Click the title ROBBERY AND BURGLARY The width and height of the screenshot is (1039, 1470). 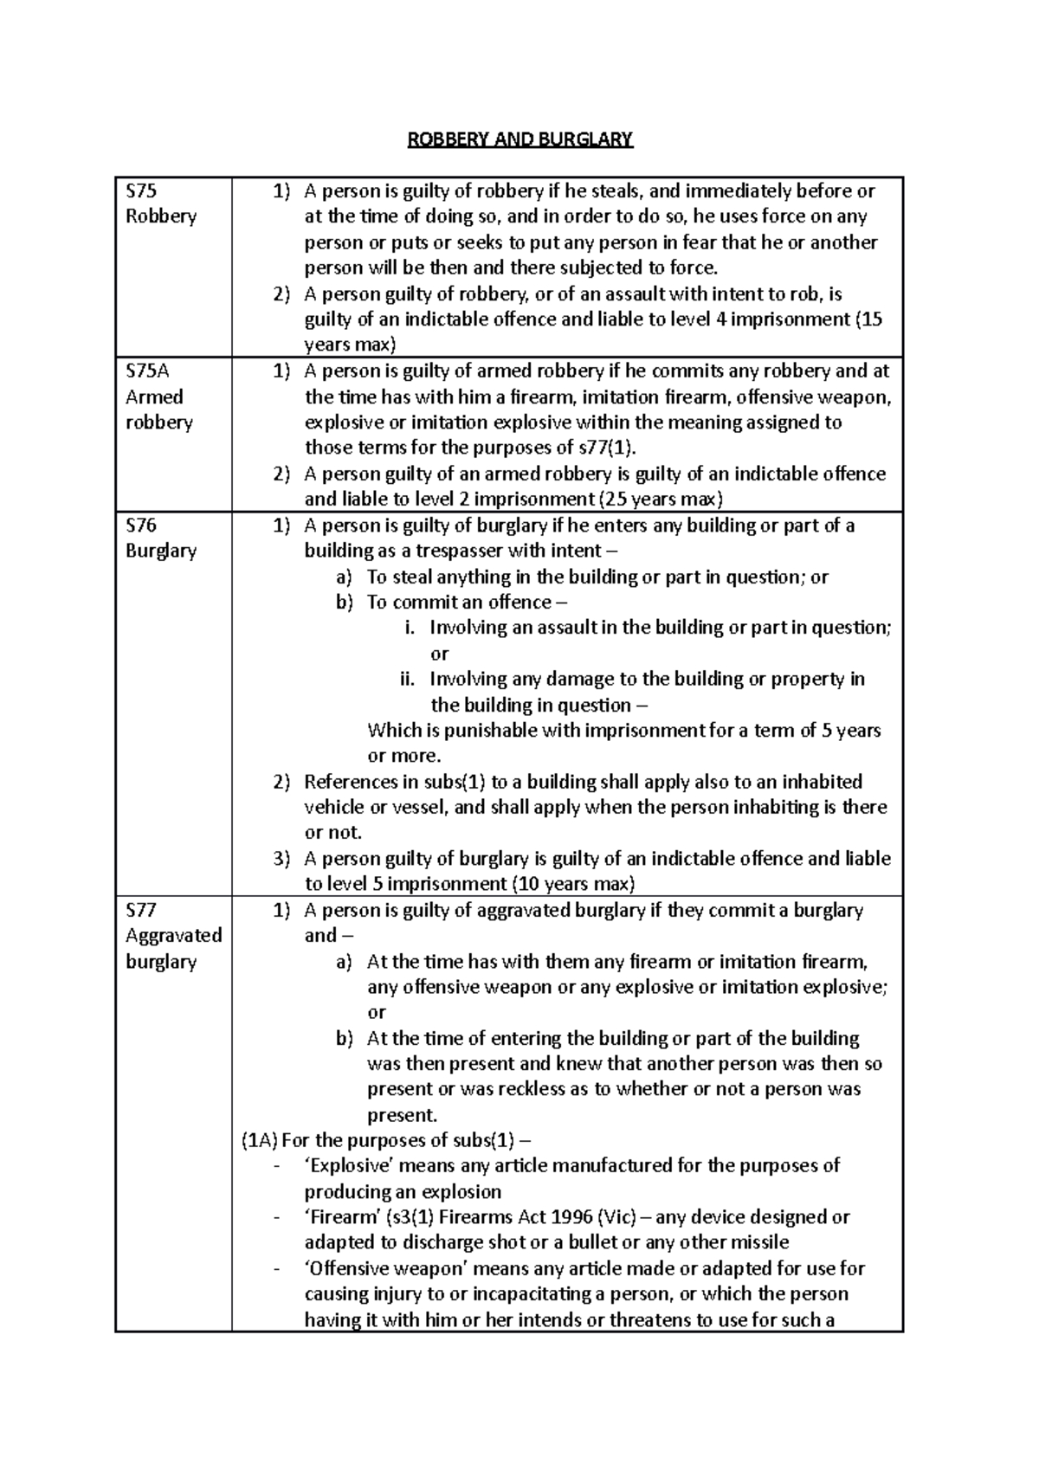click(x=520, y=139)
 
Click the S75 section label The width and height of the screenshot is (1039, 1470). click(x=142, y=190)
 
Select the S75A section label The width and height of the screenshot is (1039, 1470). click(x=148, y=371)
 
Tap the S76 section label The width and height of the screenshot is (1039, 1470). click(x=142, y=525)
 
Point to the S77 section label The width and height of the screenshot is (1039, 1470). click(x=142, y=910)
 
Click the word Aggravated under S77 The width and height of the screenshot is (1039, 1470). click(x=173, y=936)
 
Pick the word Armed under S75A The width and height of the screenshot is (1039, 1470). click(x=154, y=397)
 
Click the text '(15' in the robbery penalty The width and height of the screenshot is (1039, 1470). click(x=868, y=319)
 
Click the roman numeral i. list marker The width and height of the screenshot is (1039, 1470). click(x=412, y=628)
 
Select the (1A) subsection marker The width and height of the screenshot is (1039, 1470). click(x=259, y=1141)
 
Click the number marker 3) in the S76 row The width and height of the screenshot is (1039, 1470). click(x=281, y=859)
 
